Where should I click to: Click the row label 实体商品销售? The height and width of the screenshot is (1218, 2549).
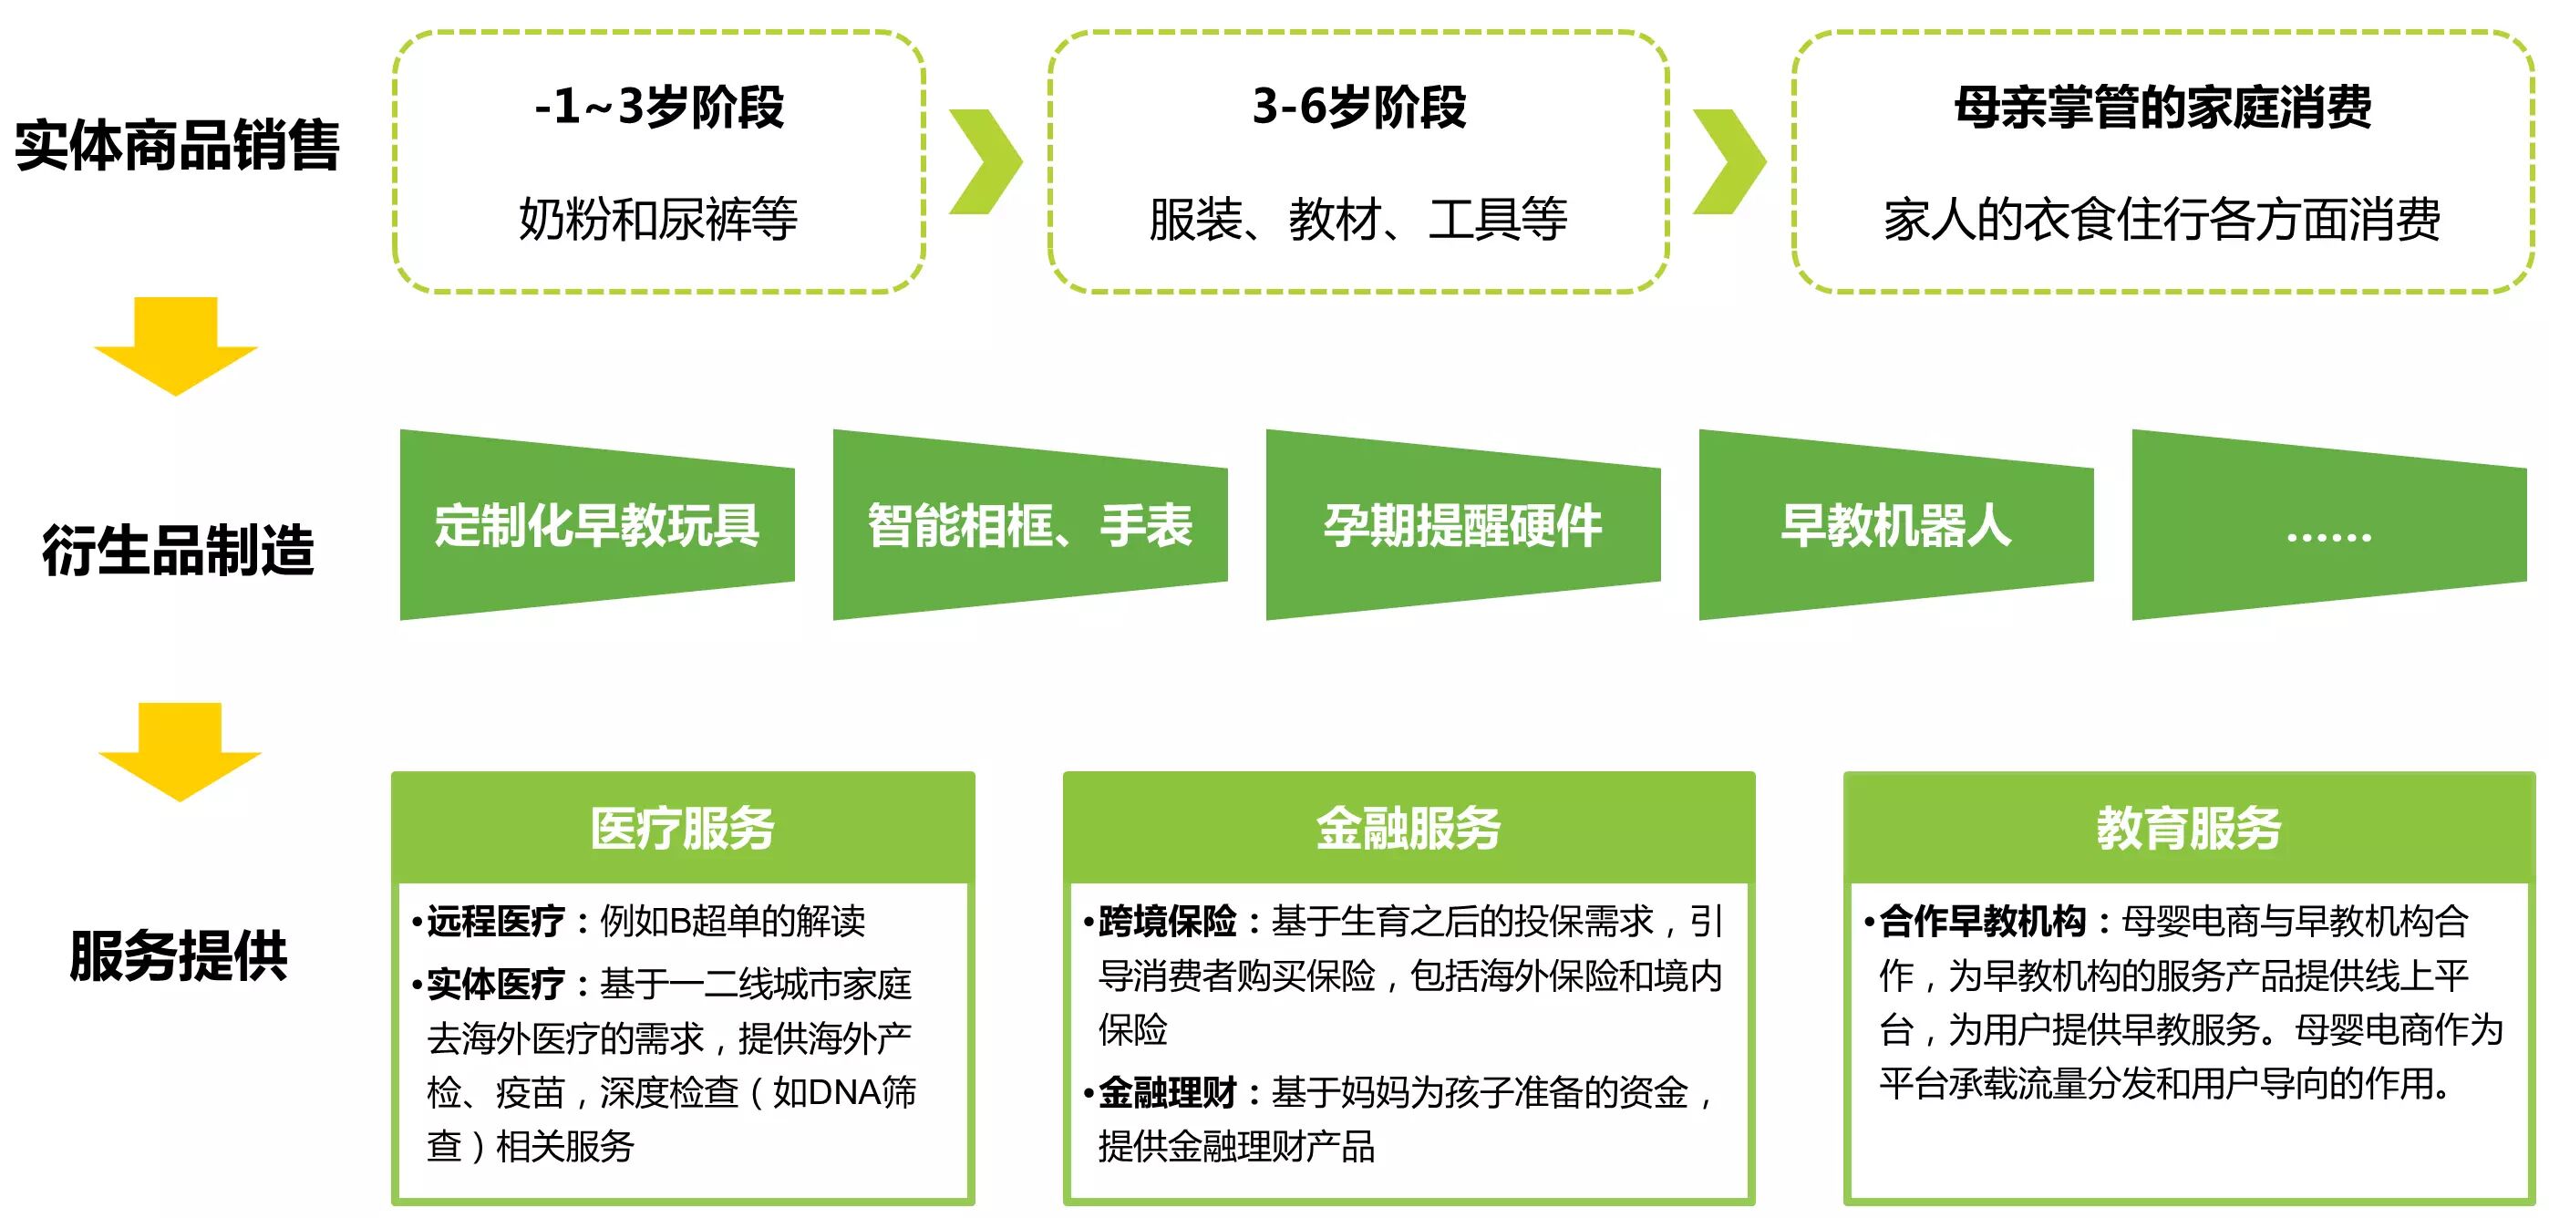tap(177, 146)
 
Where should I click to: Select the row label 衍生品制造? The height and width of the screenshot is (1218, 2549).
tap(178, 550)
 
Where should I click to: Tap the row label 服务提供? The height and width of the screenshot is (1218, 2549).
tap(178, 955)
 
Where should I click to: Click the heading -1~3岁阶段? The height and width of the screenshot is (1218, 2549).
tap(659, 107)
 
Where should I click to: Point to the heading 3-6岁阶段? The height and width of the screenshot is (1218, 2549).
tap(1358, 107)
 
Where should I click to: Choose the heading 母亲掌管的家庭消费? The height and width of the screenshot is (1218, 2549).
tap(2162, 107)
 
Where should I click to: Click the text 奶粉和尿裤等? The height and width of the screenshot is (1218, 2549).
tap(658, 219)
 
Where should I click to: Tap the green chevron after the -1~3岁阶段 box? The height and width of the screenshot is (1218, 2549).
tap(986, 161)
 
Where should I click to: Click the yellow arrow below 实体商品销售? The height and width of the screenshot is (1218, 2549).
tap(176, 346)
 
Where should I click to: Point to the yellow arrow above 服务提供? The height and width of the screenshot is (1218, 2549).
tap(179, 751)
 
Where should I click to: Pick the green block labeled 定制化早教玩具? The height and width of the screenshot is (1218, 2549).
tap(596, 524)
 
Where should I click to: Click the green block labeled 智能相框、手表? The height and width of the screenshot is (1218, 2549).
tap(1030, 524)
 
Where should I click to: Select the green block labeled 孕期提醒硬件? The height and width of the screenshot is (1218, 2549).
tap(1462, 524)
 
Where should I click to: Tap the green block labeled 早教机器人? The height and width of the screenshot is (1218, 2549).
tap(1896, 524)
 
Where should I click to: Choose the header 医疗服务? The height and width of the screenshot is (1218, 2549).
tap(683, 828)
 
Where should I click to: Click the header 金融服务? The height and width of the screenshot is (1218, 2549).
tap(1409, 828)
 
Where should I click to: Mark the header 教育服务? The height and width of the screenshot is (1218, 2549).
tap(2189, 828)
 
